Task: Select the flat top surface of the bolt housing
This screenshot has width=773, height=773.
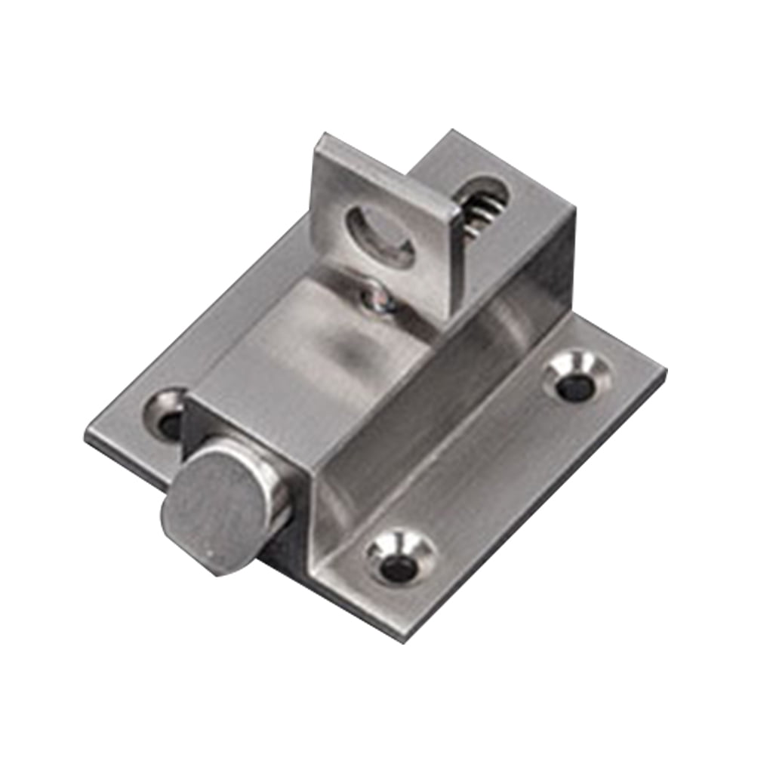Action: [317, 347]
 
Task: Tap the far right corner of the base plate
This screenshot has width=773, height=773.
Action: [664, 370]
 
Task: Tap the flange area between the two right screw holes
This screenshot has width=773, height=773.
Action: [491, 468]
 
